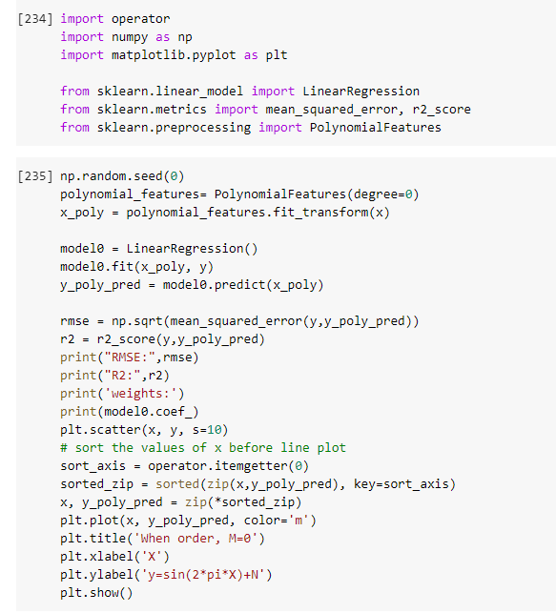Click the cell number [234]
click(x=35, y=19)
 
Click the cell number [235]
click(x=35, y=176)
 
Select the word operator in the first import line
click(x=141, y=19)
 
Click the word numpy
click(x=130, y=37)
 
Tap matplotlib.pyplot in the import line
click(x=174, y=55)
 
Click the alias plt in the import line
click(x=277, y=55)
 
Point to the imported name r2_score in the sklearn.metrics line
click(x=442, y=110)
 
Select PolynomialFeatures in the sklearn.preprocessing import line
click(x=376, y=128)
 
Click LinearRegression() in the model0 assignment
click(x=192, y=249)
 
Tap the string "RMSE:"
click(x=130, y=358)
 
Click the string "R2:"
click(x=122, y=376)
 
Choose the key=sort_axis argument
click(x=402, y=484)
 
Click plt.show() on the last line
click(x=96, y=593)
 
